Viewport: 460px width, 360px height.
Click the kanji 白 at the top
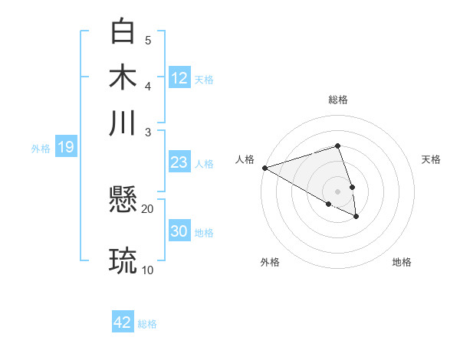123,31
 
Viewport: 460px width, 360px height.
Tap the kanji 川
123,122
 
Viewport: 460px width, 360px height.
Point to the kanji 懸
123,201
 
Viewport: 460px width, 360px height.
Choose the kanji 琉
123,261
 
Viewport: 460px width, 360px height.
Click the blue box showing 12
179,77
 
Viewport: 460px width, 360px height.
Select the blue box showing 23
179,162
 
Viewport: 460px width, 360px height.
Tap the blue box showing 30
179,231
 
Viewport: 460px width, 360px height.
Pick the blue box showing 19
65,147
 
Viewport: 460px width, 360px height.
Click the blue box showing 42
123,322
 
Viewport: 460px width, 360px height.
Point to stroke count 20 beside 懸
147,208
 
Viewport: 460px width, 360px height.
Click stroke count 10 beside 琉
147,269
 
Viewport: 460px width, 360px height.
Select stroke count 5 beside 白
147,40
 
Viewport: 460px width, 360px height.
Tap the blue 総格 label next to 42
147,324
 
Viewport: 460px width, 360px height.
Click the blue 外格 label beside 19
41,149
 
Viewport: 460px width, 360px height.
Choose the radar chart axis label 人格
245,159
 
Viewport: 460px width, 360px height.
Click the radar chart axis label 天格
431,159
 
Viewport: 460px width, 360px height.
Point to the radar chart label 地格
402,262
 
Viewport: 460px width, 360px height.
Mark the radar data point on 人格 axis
264,167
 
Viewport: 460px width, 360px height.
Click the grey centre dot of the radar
337,191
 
